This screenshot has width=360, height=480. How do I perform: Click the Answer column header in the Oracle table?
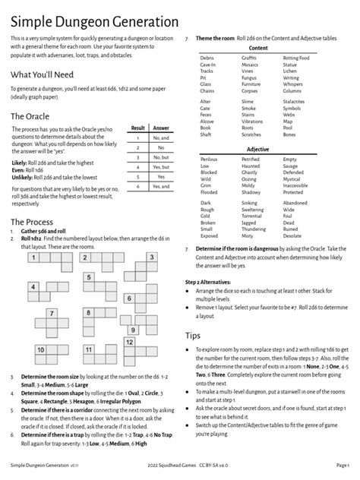pos(161,129)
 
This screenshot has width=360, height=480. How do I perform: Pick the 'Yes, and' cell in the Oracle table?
pos(161,186)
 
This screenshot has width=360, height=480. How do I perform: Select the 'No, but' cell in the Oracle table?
pos(161,156)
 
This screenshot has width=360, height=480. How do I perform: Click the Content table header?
pos(258,48)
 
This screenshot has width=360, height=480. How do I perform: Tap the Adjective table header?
pos(258,149)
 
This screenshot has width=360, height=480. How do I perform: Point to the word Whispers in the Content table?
pos(292,84)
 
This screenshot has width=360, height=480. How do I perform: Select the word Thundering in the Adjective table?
pos(254,228)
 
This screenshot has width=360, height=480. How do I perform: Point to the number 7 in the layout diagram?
pos(51,313)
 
